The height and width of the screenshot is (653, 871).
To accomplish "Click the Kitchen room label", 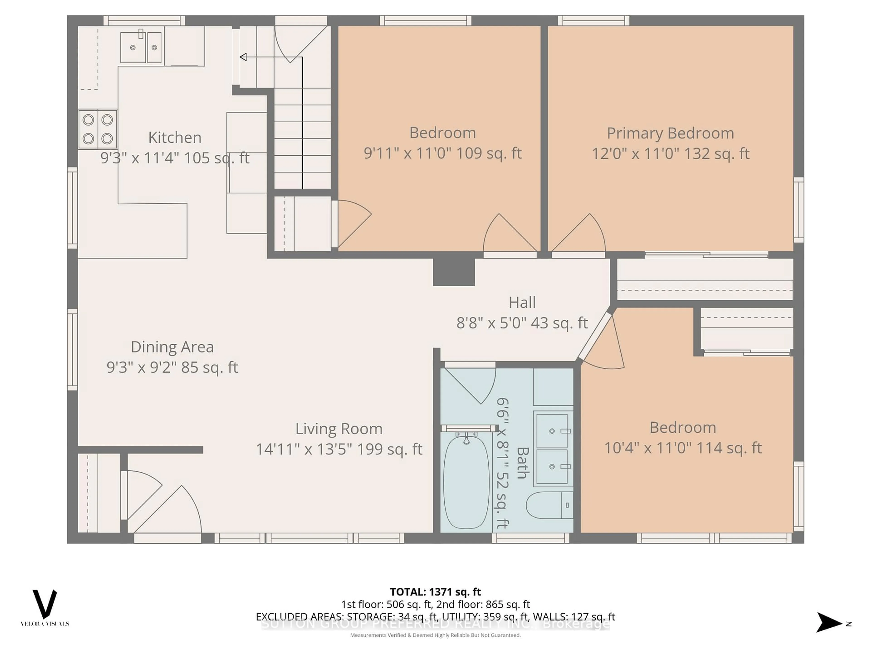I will [x=175, y=137].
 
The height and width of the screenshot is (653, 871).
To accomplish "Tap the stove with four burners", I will [x=98, y=129].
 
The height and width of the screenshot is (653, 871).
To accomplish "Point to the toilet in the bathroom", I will [x=549, y=505].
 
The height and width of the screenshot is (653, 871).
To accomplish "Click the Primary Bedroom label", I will [x=670, y=133].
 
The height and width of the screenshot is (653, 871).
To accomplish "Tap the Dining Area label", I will [x=172, y=347].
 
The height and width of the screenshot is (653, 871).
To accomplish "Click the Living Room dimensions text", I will [x=339, y=449].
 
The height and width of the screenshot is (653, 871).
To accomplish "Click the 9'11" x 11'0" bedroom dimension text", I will [x=442, y=153].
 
